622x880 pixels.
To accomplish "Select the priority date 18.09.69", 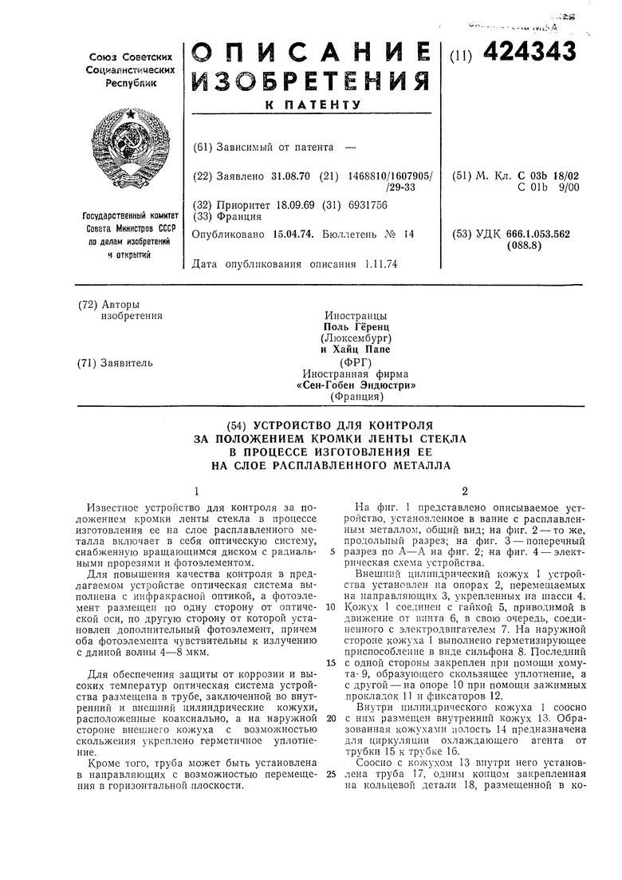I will pos(290,205).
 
